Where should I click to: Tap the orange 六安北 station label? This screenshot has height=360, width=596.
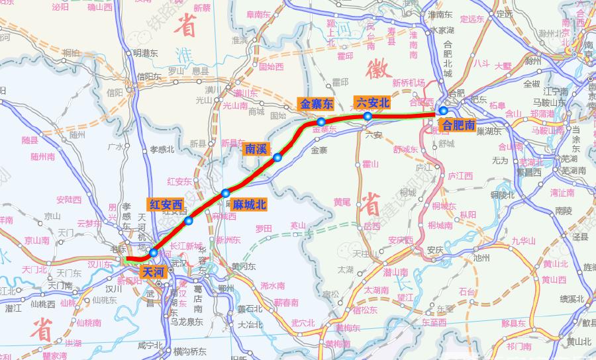point(372,103)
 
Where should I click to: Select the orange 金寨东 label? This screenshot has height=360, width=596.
point(318,104)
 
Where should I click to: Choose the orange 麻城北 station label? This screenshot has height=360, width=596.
point(249,205)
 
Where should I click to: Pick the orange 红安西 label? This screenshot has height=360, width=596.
point(166,204)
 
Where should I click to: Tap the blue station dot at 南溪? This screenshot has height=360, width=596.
point(278,157)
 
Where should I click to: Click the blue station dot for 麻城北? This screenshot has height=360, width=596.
point(226,193)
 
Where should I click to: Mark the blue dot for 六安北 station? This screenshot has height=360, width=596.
point(367,116)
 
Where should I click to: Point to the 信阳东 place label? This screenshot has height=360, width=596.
point(150,76)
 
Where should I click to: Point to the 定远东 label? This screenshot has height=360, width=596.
point(473,19)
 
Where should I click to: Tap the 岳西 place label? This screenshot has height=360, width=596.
point(372,226)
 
